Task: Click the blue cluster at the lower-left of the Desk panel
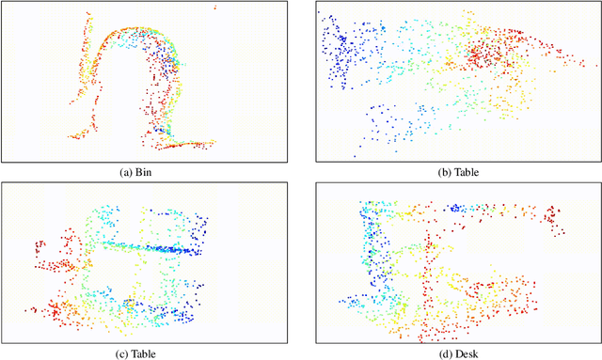point(361,303)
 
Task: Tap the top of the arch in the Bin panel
point(141,32)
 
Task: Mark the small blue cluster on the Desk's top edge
point(457,208)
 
